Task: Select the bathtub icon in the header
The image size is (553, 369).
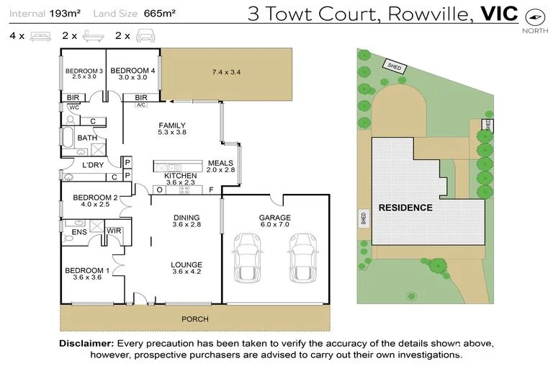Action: pyautogui.click(x=90, y=35)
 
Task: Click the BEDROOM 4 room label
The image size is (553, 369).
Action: pyautogui.click(x=133, y=71)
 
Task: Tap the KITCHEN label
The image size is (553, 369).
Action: pyautogui.click(x=180, y=176)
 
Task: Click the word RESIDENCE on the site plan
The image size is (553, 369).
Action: pyautogui.click(x=406, y=208)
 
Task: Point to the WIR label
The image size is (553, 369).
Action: pyautogui.click(x=113, y=231)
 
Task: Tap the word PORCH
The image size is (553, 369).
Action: pyautogui.click(x=195, y=319)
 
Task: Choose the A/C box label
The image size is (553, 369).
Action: pyautogui.click(x=141, y=105)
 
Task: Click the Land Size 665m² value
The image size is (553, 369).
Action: pyautogui.click(x=159, y=13)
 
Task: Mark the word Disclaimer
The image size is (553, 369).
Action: pyautogui.click(x=86, y=343)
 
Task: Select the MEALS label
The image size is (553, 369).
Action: pyautogui.click(x=220, y=163)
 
